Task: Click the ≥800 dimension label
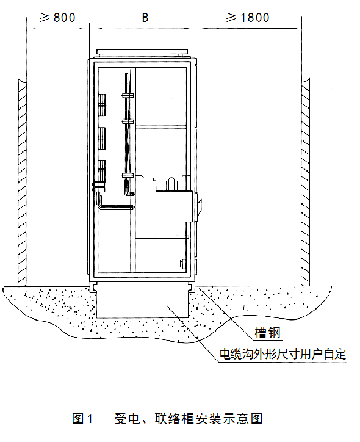click(x=57, y=18)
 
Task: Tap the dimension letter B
click(x=145, y=18)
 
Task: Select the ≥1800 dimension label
click(x=248, y=18)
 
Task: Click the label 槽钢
click(x=268, y=332)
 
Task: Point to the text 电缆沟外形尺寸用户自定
click(x=283, y=353)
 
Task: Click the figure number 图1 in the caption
click(x=82, y=418)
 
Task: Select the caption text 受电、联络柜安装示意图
click(x=189, y=418)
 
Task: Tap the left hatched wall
click(x=22, y=182)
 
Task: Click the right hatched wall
click(x=305, y=182)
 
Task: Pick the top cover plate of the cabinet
click(x=142, y=52)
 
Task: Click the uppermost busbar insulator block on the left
click(x=102, y=105)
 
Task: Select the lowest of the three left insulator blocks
click(x=102, y=170)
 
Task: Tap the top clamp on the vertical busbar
click(x=128, y=95)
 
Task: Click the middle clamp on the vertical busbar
click(x=128, y=121)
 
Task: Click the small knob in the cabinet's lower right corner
click(x=182, y=264)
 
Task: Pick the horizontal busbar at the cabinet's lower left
click(x=117, y=207)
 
